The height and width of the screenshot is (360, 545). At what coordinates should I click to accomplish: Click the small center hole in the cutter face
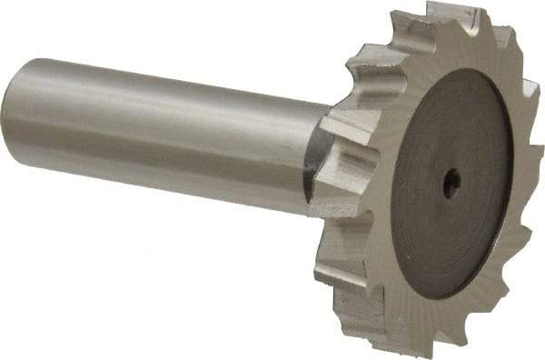coord(451,184)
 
